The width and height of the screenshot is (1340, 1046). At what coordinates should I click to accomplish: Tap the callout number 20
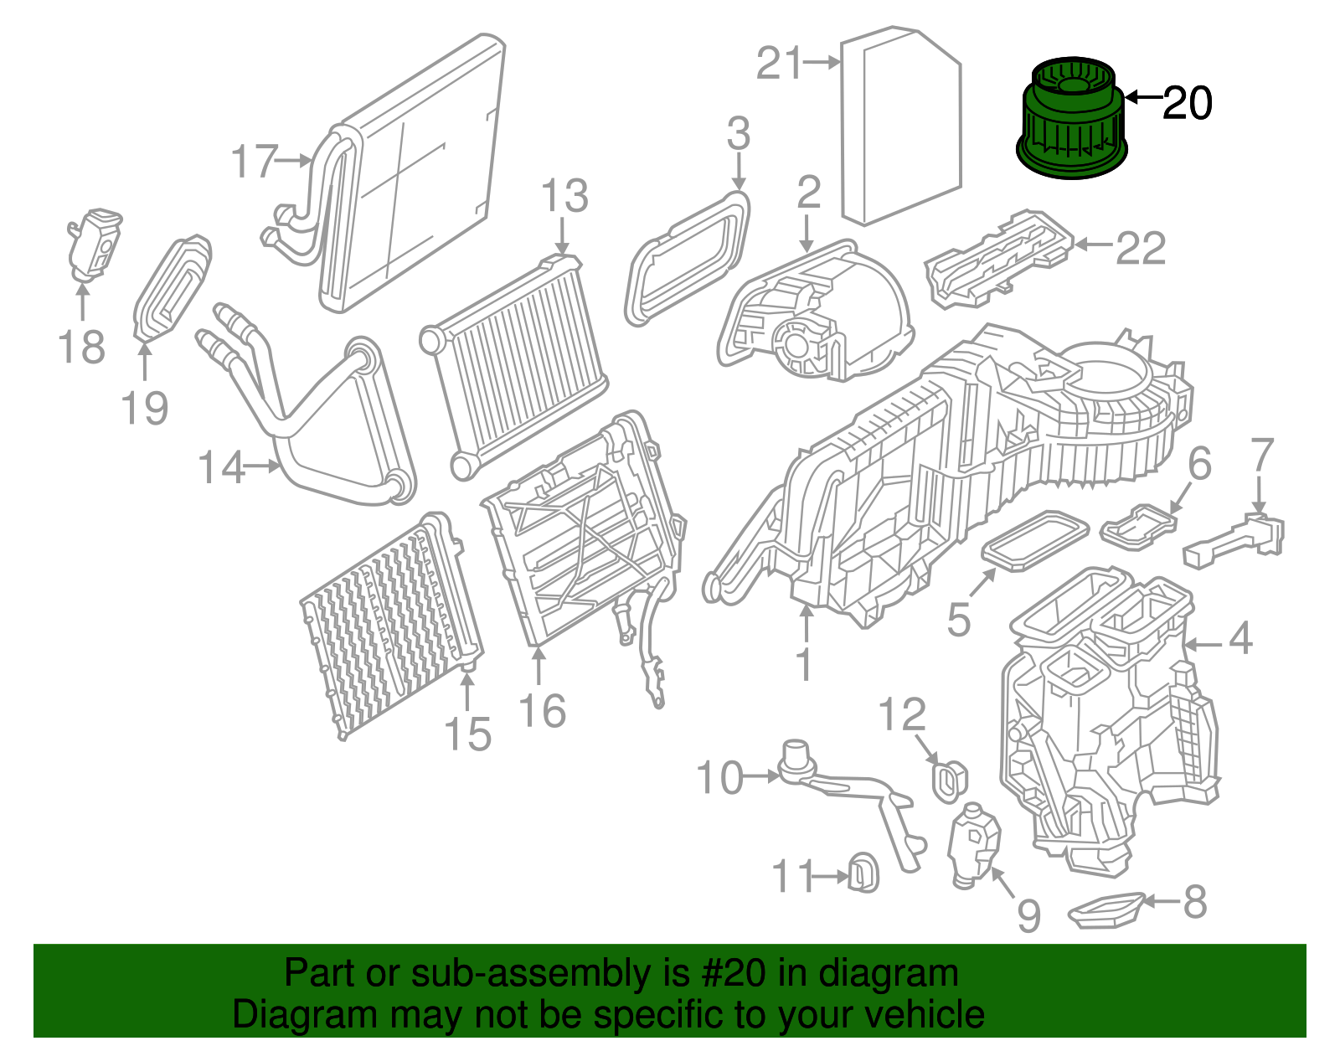click(1188, 104)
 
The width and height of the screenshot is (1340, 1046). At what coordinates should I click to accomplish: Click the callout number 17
click(254, 162)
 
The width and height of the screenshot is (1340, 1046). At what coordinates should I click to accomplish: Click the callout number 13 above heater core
click(564, 198)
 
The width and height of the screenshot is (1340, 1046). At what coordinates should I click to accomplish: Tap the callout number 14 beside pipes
click(221, 467)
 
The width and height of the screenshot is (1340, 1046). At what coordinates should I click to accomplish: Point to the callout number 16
click(542, 711)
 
